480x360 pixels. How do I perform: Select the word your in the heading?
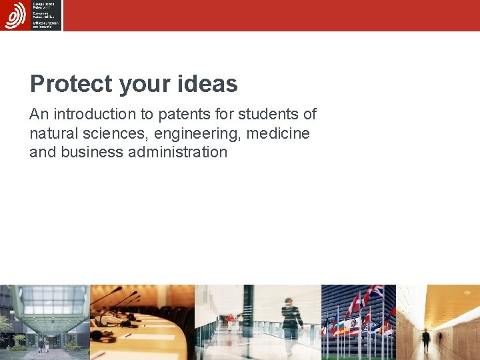(147, 85)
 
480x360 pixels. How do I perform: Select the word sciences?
(114, 133)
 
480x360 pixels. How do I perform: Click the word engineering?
(197, 133)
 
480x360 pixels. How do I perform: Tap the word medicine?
(278, 133)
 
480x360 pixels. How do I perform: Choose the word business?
(91, 152)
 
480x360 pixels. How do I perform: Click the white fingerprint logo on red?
(15, 15)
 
